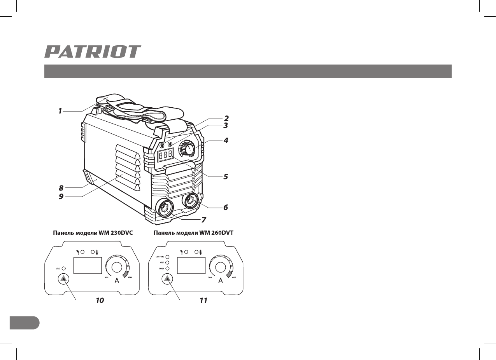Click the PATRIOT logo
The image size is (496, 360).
[x=93, y=52]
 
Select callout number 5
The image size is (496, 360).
[x=225, y=176]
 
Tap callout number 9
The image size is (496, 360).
[x=61, y=197]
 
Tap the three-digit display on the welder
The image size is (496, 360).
[x=165, y=154]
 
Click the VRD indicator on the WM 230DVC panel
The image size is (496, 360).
[x=63, y=268]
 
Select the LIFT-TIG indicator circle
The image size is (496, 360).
[x=168, y=257]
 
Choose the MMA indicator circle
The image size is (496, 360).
[x=168, y=269]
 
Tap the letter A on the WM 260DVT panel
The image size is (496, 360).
[x=221, y=281]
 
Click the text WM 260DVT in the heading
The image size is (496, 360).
[x=221, y=233]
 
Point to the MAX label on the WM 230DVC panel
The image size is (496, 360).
[x=130, y=277]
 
